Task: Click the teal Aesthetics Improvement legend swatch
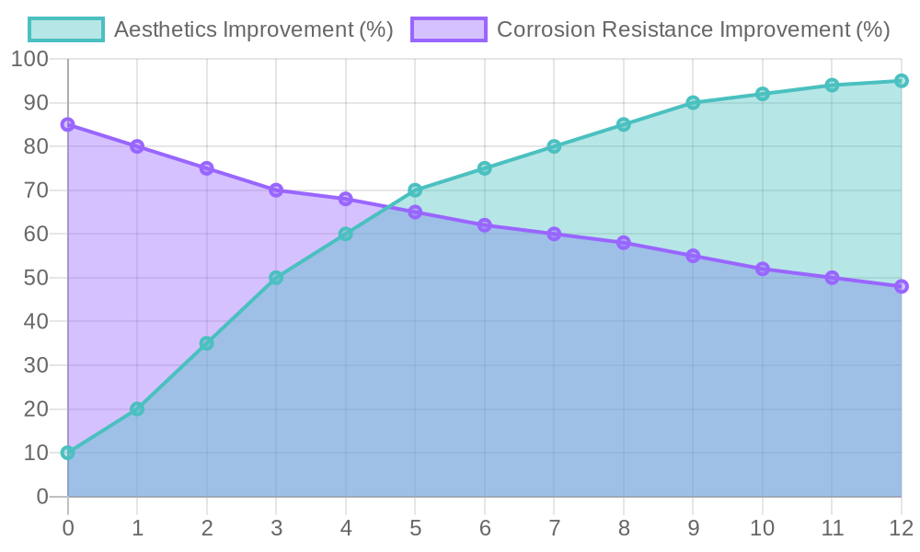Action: pos(65,29)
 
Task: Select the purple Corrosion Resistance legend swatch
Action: pos(448,29)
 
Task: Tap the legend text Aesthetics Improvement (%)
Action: pos(253,29)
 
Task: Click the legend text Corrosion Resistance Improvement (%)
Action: pos(693,29)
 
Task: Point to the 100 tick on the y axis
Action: pos(29,60)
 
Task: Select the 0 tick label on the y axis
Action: pos(42,497)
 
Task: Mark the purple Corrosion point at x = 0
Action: pos(68,124)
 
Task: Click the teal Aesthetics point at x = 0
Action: pos(68,453)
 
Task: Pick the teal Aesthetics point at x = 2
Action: pos(207,343)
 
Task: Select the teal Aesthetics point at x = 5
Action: pos(415,190)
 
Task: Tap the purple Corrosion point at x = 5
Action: pos(415,213)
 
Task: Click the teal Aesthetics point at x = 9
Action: pos(693,103)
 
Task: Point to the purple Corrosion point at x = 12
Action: pos(901,287)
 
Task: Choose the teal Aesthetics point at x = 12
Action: pos(901,81)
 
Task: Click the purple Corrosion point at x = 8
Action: pos(624,243)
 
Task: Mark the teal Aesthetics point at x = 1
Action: pos(137,409)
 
